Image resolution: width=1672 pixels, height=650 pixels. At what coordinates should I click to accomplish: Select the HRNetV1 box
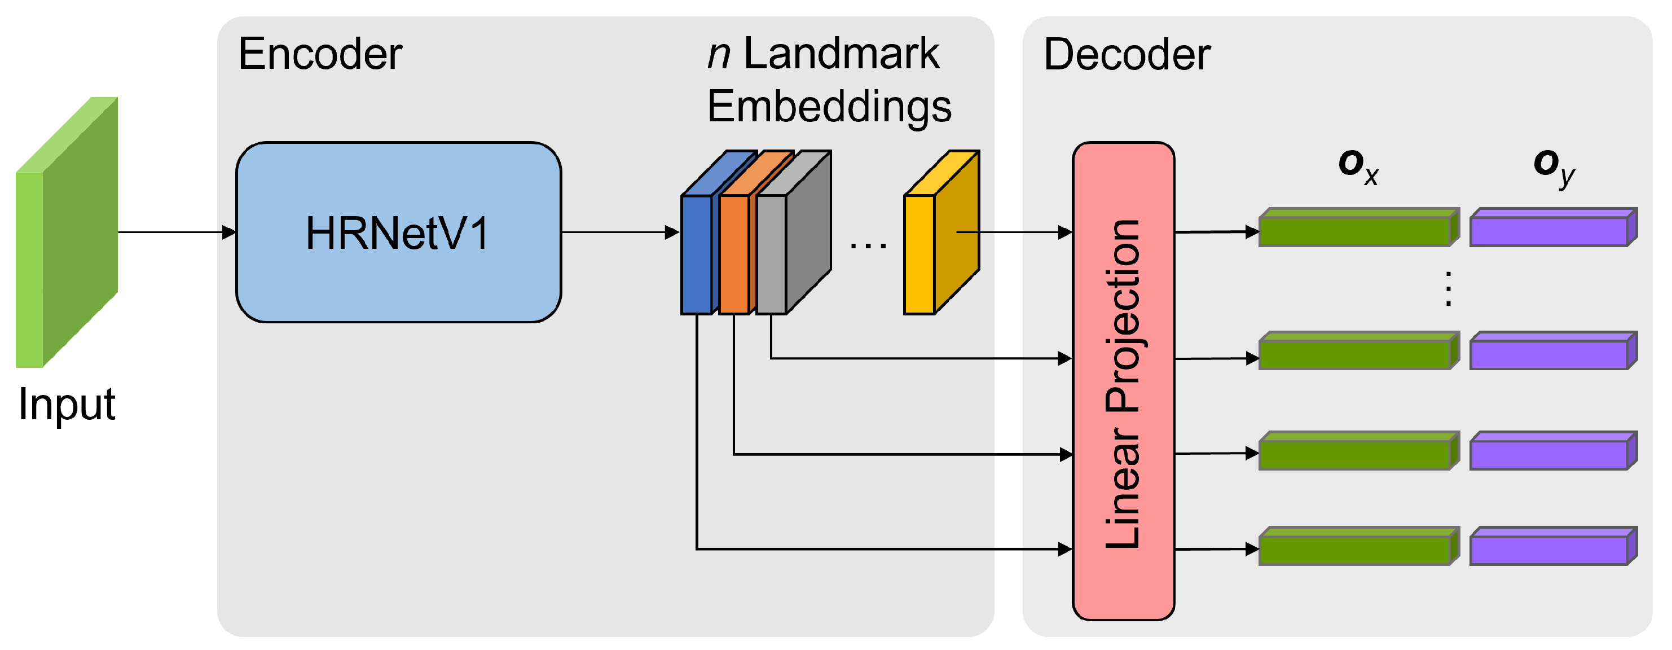pyautogui.click(x=398, y=232)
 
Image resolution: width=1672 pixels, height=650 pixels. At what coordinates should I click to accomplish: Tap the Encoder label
pyautogui.click(x=320, y=54)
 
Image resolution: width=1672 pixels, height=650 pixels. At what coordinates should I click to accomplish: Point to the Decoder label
pyautogui.click(x=1126, y=55)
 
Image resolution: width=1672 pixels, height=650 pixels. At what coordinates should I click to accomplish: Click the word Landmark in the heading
pyautogui.click(x=841, y=54)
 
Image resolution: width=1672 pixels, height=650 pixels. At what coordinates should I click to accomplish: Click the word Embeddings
pyautogui.click(x=829, y=107)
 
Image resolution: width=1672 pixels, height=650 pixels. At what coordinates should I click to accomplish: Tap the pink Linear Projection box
pyautogui.click(x=1123, y=381)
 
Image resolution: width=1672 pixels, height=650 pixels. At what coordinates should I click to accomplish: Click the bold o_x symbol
pyautogui.click(x=1357, y=165)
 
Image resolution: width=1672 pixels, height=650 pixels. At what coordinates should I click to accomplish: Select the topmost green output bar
pyautogui.click(x=1357, y=229)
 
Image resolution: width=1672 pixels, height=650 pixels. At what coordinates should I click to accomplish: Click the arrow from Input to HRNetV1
pyautogui.click(x=175, y=232)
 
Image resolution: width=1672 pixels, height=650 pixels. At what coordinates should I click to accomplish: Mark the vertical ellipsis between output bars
pyautogui.click(x=1448, y=288)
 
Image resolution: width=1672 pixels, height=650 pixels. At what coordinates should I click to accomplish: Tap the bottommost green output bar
pyautogui.click(x=1357, y=547)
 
